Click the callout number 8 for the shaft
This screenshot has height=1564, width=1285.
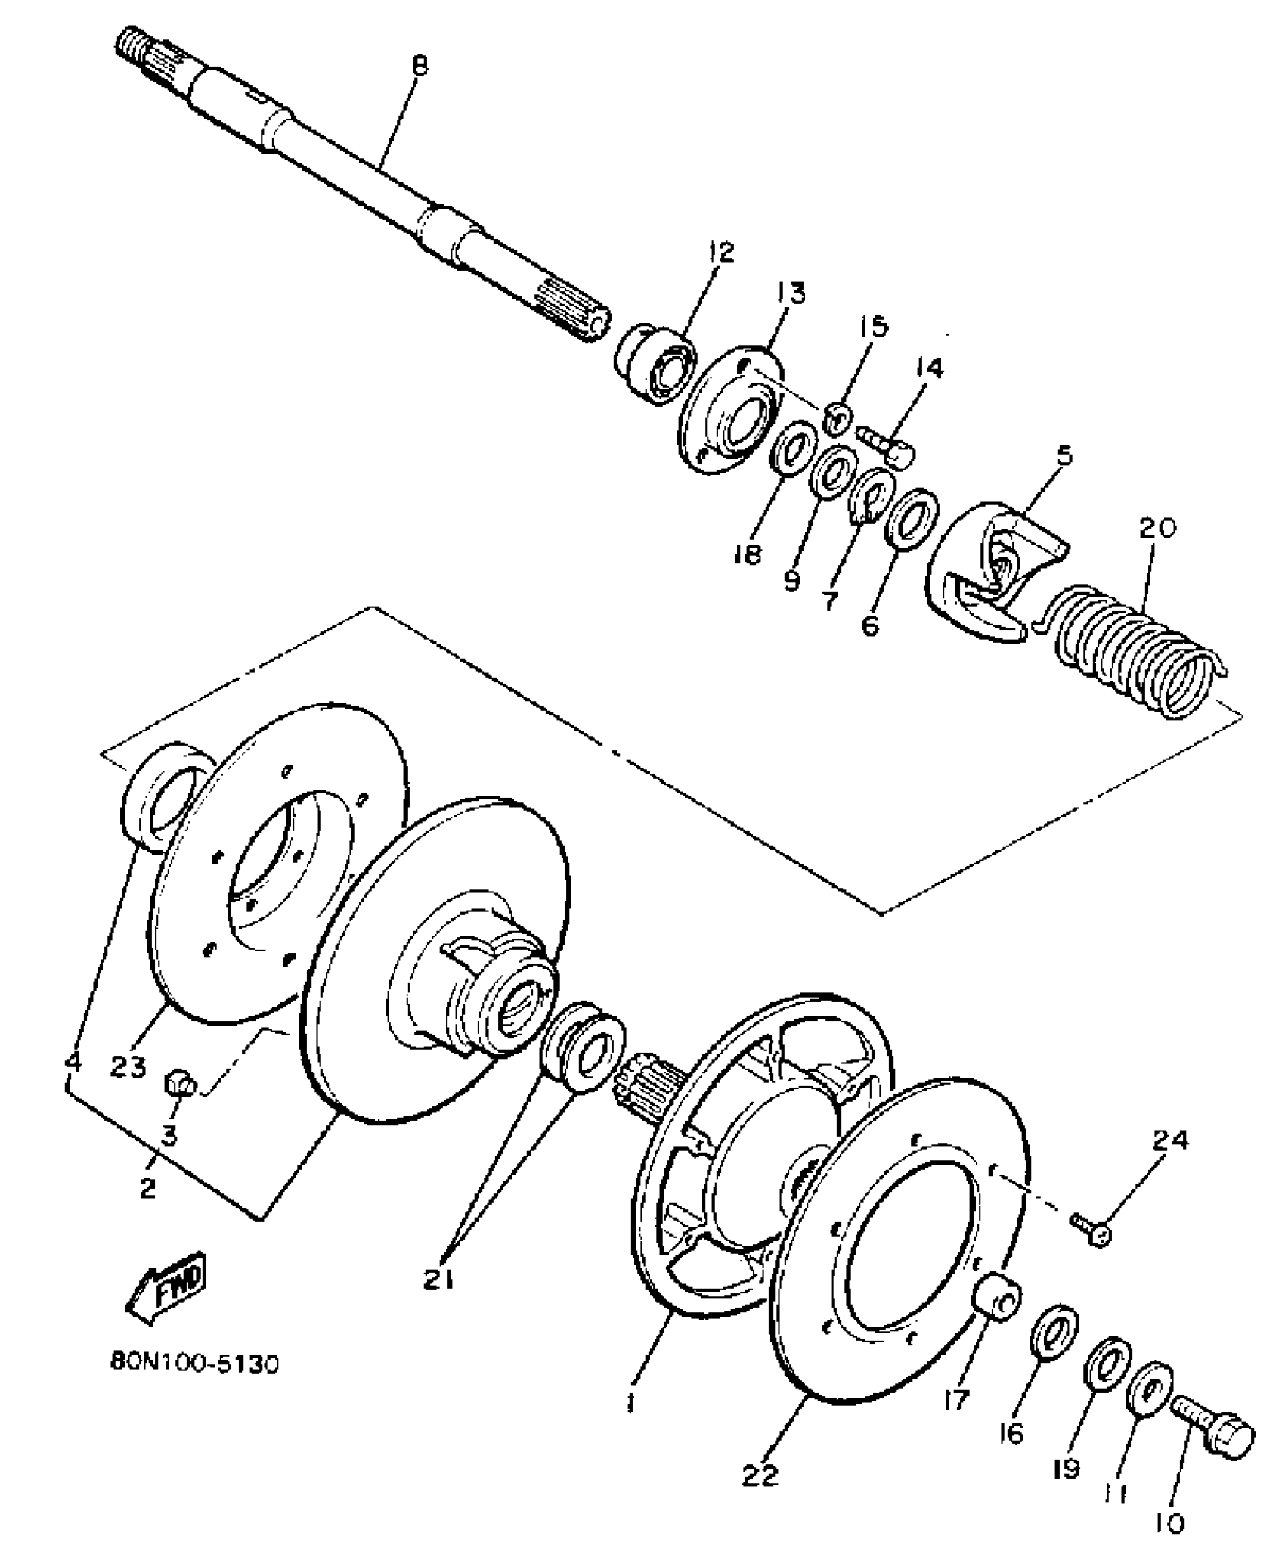click(x=419, y=66)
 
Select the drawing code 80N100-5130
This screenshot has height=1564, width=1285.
click(x=194, y=1364)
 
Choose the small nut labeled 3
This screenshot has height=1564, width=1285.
click(x=180, y=1086)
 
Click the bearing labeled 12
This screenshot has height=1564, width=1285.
click(x=655, y=362)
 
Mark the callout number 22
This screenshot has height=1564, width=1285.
click(x=760, y=1476)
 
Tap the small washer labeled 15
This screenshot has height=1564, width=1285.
click(x=838, y=418)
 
